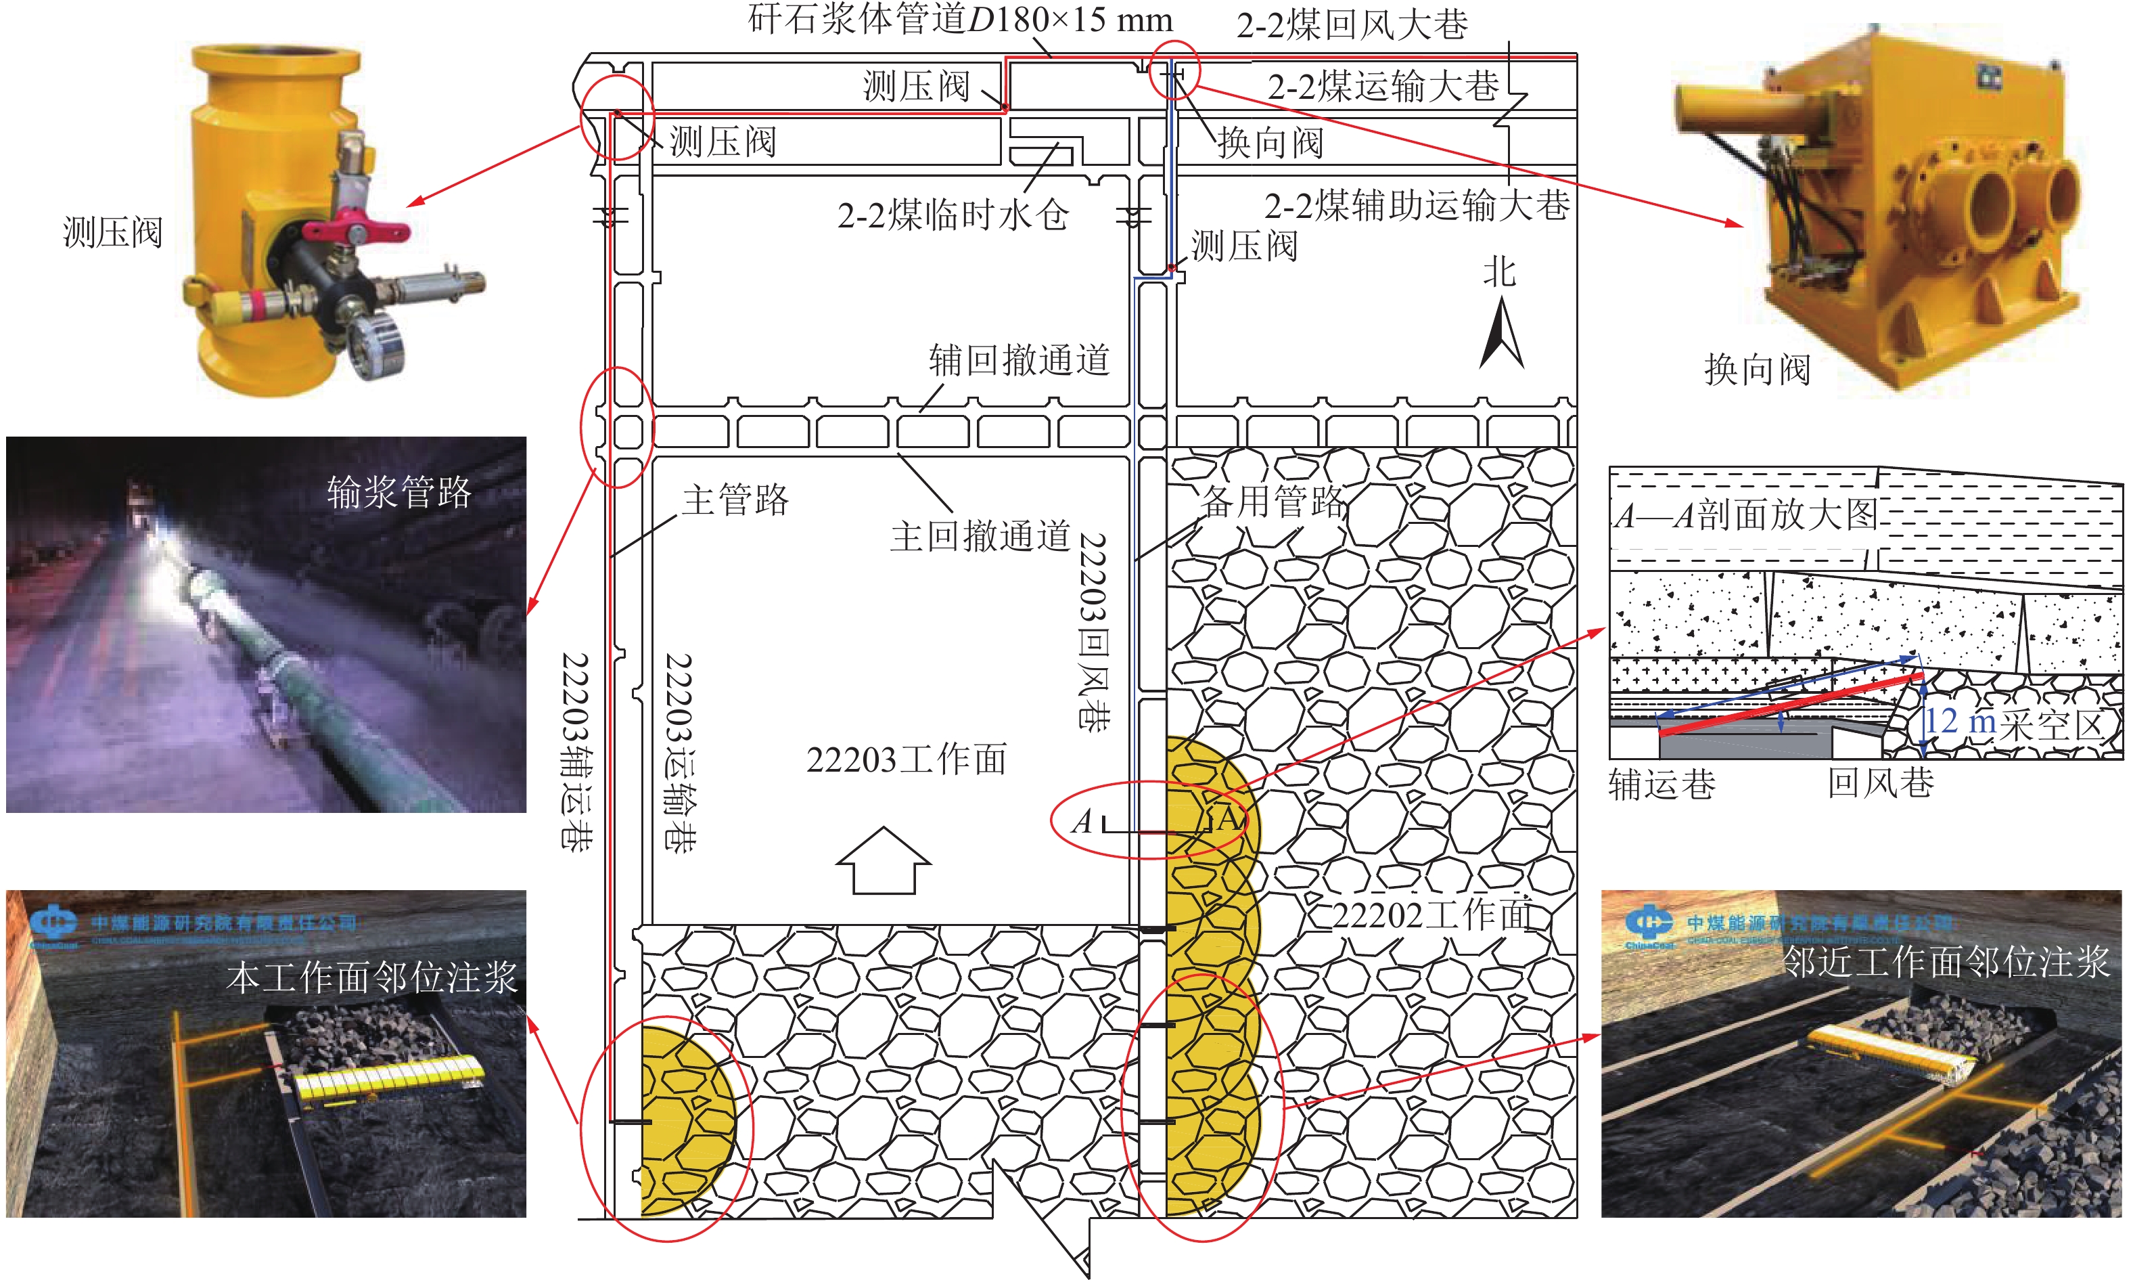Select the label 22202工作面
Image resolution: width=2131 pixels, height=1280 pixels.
click(x=1433, y=915)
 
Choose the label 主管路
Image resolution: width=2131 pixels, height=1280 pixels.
click(x=735, y=500)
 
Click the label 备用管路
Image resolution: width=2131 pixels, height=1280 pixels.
click(x=1273, y=501)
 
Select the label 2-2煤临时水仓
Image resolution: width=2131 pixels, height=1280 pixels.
click(x=953, y=215)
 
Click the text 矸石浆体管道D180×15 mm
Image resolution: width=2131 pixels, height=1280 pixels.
click(x=959, y=19)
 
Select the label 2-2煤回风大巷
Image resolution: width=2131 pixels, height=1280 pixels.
click(x=1352, y=25)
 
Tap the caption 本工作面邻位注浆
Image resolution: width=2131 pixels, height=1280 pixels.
click(x=371, y=978)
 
